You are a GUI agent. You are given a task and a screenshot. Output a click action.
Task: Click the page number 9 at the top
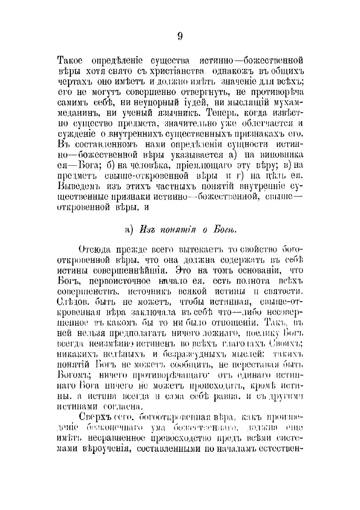click(x=180, y=36)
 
